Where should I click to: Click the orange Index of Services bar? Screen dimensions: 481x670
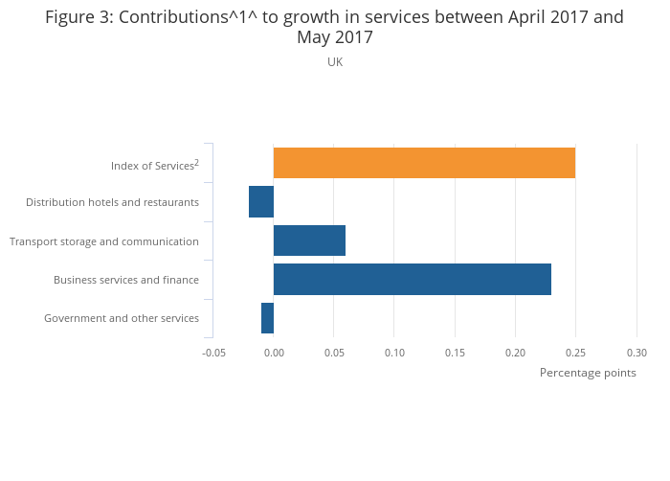[424, 163]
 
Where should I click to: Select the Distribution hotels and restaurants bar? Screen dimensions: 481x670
[261, 202]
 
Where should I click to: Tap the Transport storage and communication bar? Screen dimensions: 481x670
[309, 240]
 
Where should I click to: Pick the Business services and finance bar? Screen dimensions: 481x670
[412, 279]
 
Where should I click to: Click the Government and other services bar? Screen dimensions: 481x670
[267, 318]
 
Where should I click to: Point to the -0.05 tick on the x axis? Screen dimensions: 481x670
[213, 353]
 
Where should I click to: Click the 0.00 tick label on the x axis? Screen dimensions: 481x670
[274, 353]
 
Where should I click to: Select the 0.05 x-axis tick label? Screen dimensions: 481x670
[334, 353]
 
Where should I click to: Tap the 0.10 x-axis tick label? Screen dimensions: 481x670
[394, 353]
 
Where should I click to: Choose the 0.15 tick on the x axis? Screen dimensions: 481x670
[455, 353]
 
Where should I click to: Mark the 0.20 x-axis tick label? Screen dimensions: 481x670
[516, 353]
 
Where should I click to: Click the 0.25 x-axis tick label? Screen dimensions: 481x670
[576, 353]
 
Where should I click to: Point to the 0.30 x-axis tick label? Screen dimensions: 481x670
[636, 353]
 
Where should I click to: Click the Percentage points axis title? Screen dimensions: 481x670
[588, 373]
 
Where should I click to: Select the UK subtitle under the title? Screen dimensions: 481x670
[335, 62]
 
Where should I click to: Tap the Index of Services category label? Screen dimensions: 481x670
[154, 165]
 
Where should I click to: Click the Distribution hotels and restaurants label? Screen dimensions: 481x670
[112, 202]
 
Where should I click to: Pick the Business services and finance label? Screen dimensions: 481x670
[126, 280]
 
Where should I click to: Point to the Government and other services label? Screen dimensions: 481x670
[122, 318]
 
